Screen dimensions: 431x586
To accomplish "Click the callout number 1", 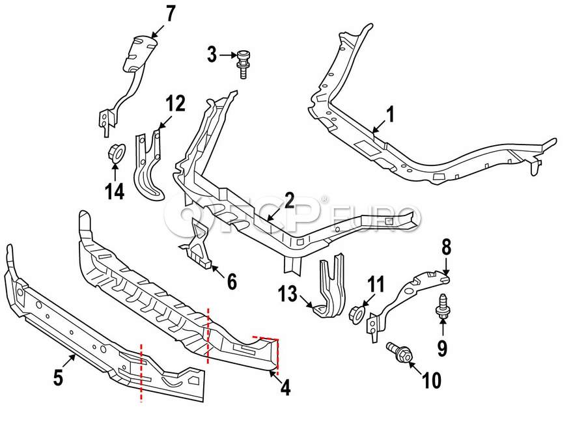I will pyautogui.click(x=391, y=115).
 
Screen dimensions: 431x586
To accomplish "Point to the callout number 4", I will pyautogui.click(x=285, y=388).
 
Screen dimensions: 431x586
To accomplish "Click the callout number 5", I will pyautogui.click(x=58, y=377).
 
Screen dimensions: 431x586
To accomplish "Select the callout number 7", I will pyautogui.click(x=169, y=13).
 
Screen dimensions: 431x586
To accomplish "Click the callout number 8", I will pyautogui.click(x=446, y=247).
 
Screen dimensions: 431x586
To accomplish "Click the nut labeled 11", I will pyautogui.click(x=357, y=314).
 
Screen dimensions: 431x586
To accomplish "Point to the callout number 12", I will pyautogui.click(x=175, y=103).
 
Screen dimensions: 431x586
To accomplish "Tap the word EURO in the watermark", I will pyautogui.click(x=377, y=215).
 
